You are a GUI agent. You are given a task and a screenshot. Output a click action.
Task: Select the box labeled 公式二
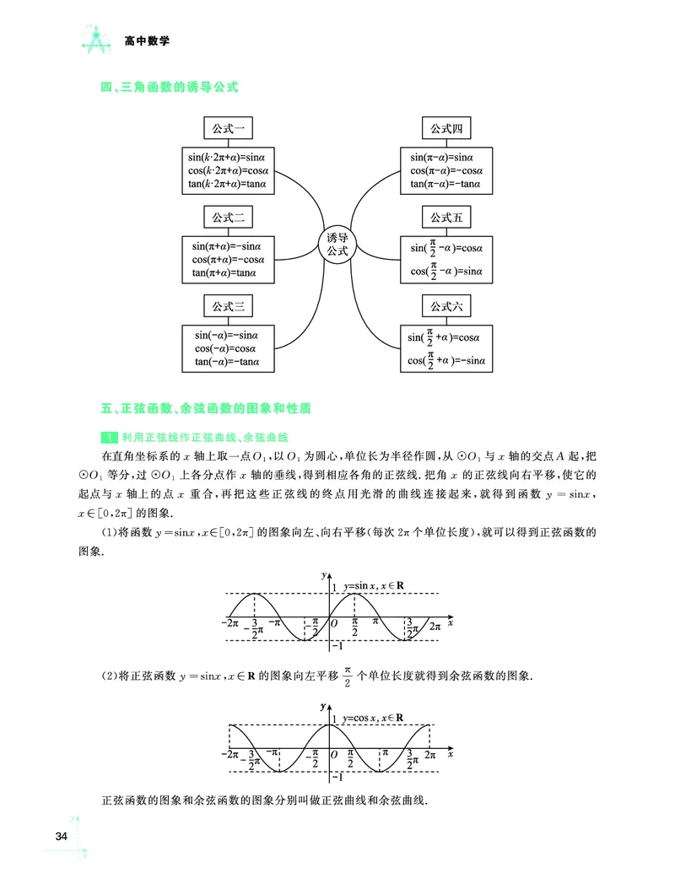227,217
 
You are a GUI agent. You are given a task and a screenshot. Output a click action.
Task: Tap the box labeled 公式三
227,305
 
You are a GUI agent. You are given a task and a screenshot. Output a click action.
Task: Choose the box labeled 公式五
446,217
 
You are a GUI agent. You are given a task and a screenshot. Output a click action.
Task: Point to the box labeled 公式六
446,305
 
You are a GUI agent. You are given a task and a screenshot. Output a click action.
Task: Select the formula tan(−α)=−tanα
225,362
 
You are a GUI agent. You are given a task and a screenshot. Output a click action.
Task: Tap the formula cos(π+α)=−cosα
226,260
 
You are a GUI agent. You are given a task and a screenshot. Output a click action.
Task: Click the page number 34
60,836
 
